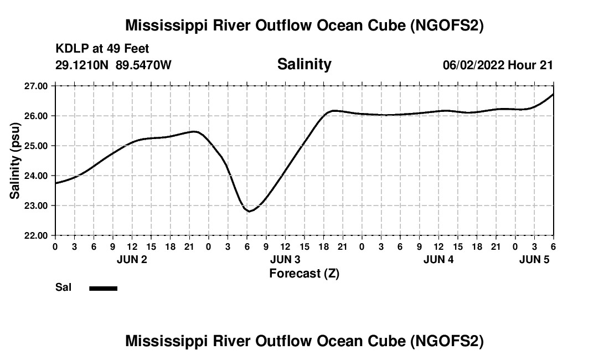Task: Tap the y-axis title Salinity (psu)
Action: pos(15,161)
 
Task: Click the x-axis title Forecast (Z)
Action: pos(304,274)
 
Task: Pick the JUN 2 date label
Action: pos(132,260)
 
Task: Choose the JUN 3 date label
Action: pos(285,260)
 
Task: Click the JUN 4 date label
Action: pos(438,260)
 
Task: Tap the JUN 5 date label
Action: pos(534,260)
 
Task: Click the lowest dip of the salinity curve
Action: pos(250,211)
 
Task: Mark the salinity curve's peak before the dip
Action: pos(194,131)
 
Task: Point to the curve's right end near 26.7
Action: pos(553,95)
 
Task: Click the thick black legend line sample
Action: pos(104,288)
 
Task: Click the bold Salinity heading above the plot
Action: pos(304,64)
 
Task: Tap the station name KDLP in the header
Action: pos(71,49)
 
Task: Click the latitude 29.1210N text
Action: pos(82,65)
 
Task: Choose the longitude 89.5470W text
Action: pos(143,65)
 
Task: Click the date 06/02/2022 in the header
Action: pos(473,65)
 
